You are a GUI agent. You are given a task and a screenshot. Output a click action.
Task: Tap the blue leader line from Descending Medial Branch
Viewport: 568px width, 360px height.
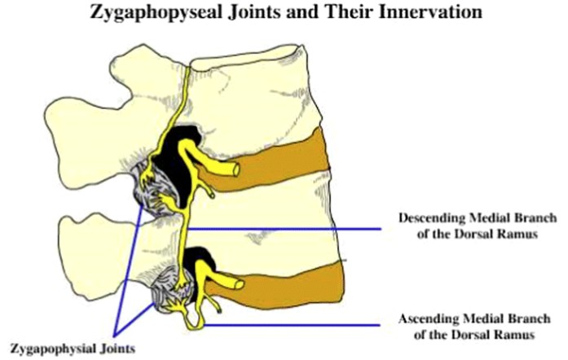click(x=293, y=229)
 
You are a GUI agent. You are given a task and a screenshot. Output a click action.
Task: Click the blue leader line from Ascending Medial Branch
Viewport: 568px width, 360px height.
click(x=293, y=326)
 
